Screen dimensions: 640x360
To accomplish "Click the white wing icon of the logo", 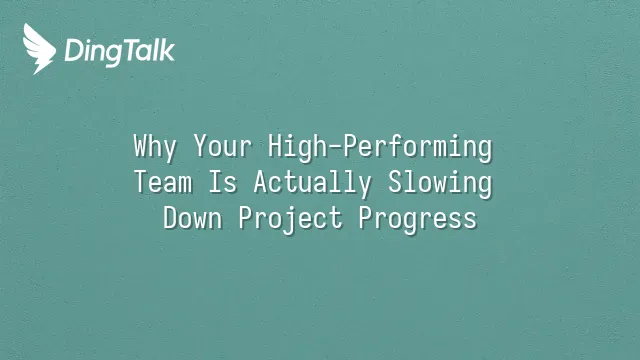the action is point(39,49).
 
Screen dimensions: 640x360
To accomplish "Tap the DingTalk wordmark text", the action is point(120,52).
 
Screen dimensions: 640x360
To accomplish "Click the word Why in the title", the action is point(155,147).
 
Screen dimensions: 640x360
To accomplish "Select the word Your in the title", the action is point(223,146).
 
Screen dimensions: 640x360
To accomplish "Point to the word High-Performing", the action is point(380,147).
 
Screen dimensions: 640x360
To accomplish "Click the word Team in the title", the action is point(163,182).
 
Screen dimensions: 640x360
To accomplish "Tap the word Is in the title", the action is point(223,182).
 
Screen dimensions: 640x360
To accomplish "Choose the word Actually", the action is point(313,183).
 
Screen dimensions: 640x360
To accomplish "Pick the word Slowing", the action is point(440,183).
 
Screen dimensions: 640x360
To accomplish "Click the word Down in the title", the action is point(193,218).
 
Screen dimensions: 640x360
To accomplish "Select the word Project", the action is point(291,220).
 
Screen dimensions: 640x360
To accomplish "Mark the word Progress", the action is point(418,220).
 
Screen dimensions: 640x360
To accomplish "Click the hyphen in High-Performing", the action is point(335,148).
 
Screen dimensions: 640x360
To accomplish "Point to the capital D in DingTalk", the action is point(74,51).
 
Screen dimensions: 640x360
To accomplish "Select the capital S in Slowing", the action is point(395,182).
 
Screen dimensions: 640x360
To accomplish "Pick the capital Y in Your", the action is point(200,146).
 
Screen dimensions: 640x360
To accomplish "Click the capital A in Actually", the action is point(260,182).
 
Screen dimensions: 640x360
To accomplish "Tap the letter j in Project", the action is point(290,221).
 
